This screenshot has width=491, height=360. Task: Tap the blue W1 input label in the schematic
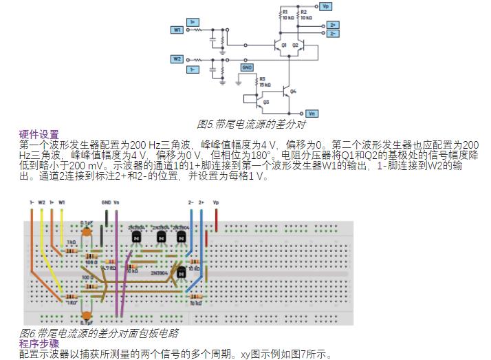coord(177,30)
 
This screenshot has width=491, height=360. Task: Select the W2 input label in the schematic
coord(177,59)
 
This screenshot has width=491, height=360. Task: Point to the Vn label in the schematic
coord(312,113)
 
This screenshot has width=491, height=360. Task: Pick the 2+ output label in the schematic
coord(333,25)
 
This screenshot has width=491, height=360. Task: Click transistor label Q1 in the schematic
coord(284,43)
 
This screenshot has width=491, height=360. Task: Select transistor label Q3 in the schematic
coord(265,101)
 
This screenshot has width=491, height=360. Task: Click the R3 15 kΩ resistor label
coord(264,81)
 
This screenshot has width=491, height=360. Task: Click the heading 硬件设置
coord(39,134)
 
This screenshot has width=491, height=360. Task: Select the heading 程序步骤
coord(39,342)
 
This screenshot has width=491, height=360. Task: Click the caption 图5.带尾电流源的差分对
coord(250,125)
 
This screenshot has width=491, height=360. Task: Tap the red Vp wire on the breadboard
coord(217,221)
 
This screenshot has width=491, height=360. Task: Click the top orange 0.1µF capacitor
coord(87,233)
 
